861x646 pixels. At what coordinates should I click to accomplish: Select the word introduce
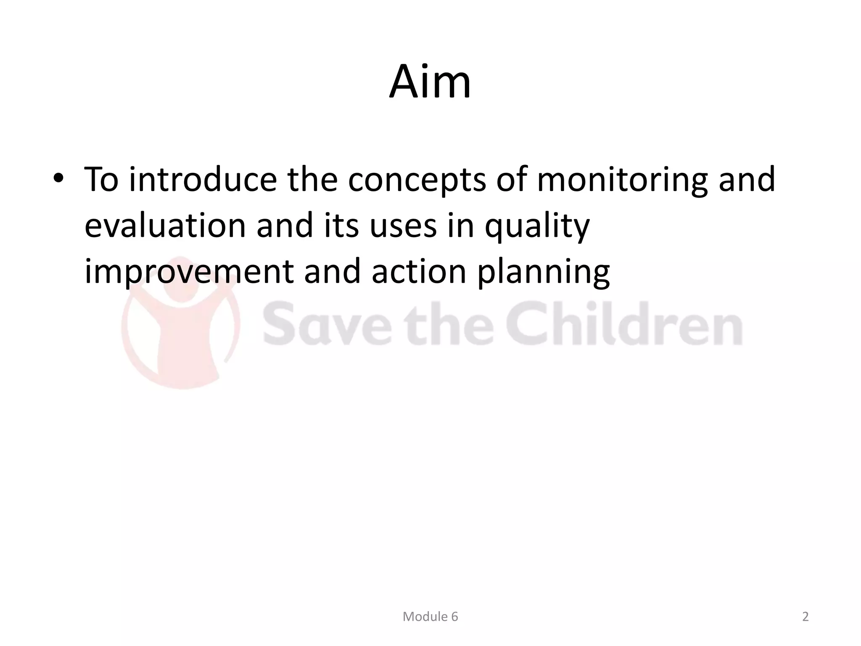point(203,180)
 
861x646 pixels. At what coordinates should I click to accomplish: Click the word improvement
point(189,272)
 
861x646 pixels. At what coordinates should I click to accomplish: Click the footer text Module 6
point(430,617)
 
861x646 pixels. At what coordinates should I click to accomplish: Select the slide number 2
point(805,617)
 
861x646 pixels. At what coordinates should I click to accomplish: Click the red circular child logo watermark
point(181,324)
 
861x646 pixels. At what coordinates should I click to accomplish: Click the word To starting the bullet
point(101,180)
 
